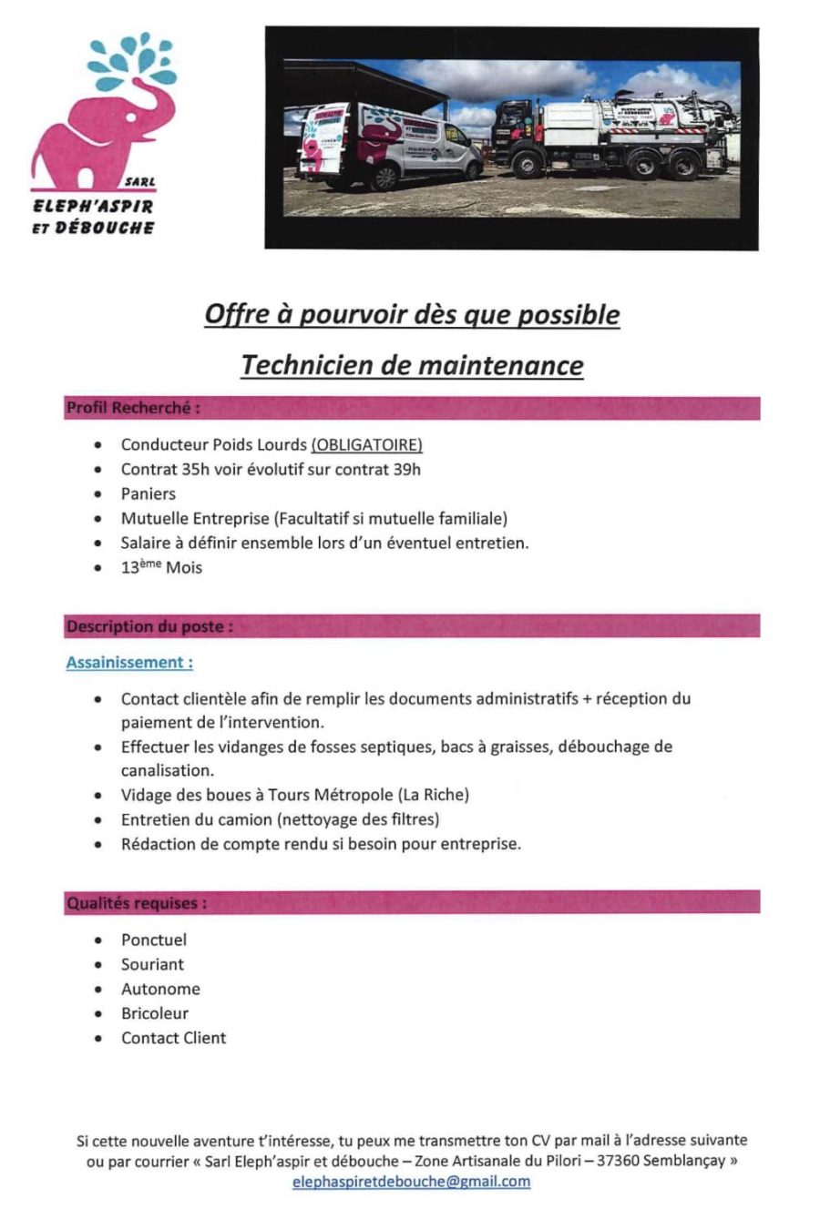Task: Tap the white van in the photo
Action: pyautogui.click(x=392, y=146)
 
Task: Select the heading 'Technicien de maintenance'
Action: pyautogui.click(x=412, y=365)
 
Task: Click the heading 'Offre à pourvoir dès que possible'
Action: pyautogui.click(x=412, y=315)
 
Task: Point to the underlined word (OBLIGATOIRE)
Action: pyautogui.click(x=366, y=445)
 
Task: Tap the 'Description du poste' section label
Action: pyautogui.click(x=149, y=626)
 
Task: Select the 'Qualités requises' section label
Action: pyautogui.click(x=137, y=903)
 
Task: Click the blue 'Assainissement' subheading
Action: pyautogui.click(x=129, y=663)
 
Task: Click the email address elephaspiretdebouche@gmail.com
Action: pyautogui.click(x=411, y=1182)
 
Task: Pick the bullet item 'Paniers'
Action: pyautogui.click(x=149, y=493)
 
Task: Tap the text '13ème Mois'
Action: pyautogui.click(x=161, y=568)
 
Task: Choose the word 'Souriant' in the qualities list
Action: pyautogui.click(x=152, y=964)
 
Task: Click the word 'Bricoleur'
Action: pyautogui.click(x=155, y=1013)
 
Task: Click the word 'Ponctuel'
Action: pyautogui.click(x=153, y=940)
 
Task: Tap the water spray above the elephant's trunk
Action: pyautogui.click(x=131, y=59)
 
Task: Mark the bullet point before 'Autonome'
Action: pyautogui.click(x=98, y=990)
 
